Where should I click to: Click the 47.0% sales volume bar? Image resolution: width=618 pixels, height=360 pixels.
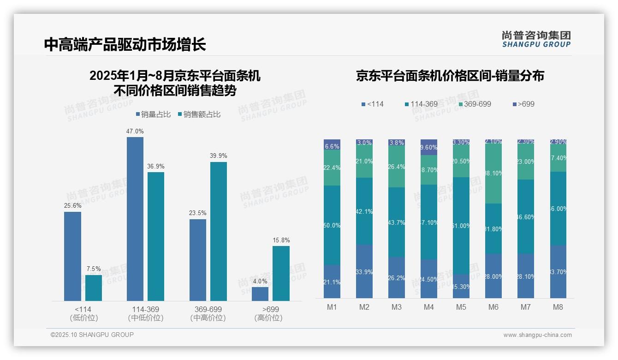click(x=135, y=219)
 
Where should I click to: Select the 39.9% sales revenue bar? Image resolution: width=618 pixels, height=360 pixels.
click(x=219, y=231)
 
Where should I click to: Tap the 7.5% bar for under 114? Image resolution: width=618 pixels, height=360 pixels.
click(x=94, y=288)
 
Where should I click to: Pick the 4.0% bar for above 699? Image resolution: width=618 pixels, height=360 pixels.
click(x=260, y=294)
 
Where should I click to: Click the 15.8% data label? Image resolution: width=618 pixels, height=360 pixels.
click(x=281, y=240)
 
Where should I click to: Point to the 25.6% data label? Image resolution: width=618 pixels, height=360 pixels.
click(x=72, y=206)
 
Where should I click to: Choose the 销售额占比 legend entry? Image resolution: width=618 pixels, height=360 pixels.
click(x=199, y=114)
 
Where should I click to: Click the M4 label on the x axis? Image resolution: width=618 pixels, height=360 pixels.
click(x=429, y=307)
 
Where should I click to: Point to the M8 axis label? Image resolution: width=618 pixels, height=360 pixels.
click(x=558, y=307)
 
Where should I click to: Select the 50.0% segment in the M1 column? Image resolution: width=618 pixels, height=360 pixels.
click(x=332, y=225)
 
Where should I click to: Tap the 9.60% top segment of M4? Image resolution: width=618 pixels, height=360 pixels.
click(x=429, y=147)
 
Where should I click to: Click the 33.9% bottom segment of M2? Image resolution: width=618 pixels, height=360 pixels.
click(x=364, y=271)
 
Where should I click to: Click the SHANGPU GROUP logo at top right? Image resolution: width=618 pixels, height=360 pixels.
click(x=536, y=39)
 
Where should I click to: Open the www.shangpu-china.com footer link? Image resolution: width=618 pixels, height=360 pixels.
click(x=537, y=335)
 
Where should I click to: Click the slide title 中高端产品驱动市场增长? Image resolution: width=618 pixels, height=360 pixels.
click(x=125, y=44)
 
